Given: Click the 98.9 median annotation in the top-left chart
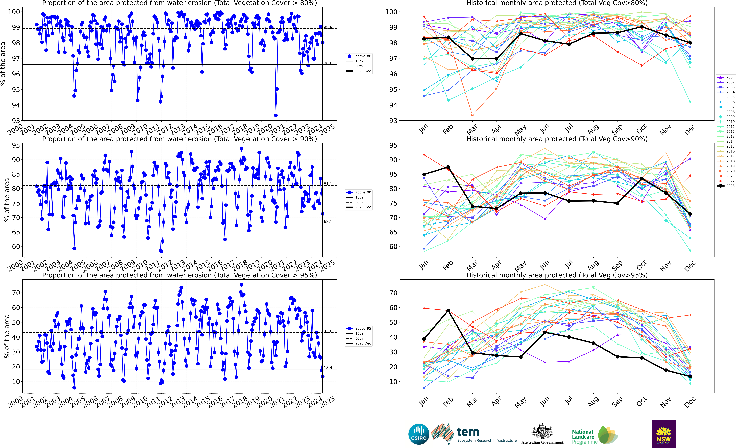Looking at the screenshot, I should coord(328,27).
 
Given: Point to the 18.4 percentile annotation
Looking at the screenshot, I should coord(328,368).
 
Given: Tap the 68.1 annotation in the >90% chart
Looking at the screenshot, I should coord(328,222).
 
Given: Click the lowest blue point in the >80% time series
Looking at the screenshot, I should coord(276,115).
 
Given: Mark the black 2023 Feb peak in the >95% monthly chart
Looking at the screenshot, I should coord(448,311).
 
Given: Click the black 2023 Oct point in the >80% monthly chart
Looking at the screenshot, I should coord(642,27).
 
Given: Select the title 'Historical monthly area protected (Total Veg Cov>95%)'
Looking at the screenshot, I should coord(557,275).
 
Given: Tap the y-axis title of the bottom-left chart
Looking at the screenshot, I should coord(7,336).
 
